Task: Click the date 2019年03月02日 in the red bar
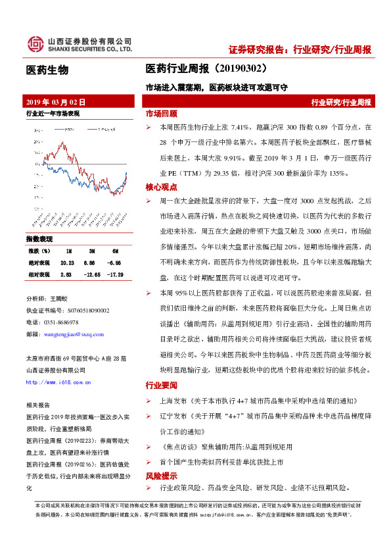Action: pyautogui.click(x=56, y=102)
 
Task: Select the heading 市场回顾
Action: pyautogui.click(x=162, y=113)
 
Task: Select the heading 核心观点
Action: pyautogui.click(x=162, y=188)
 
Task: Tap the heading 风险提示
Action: pyautogui.click(x=162, y=475)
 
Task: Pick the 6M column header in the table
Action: pyautogui.click(x=115, y=251)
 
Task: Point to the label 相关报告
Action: pyautogui.click(x=37, y=407)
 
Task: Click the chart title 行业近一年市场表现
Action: pyautogui.click(x=53, y=114)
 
